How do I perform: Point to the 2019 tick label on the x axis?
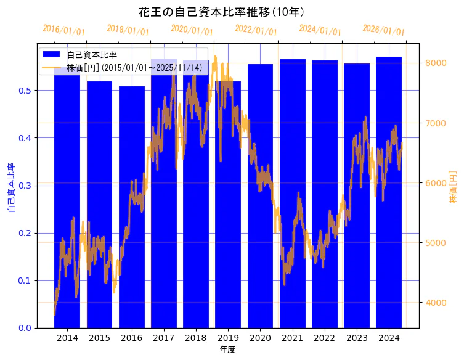click(x=228, y=338)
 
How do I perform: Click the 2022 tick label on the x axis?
click(x=325, y=338)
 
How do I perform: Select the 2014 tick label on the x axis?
click(x=67, y=338)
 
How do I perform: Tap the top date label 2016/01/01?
click(x=64, y=30)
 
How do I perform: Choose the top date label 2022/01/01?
click(x=256, y=30)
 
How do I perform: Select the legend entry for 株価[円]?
click(x=134, y=67)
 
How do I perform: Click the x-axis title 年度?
click(x=227, y=350)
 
